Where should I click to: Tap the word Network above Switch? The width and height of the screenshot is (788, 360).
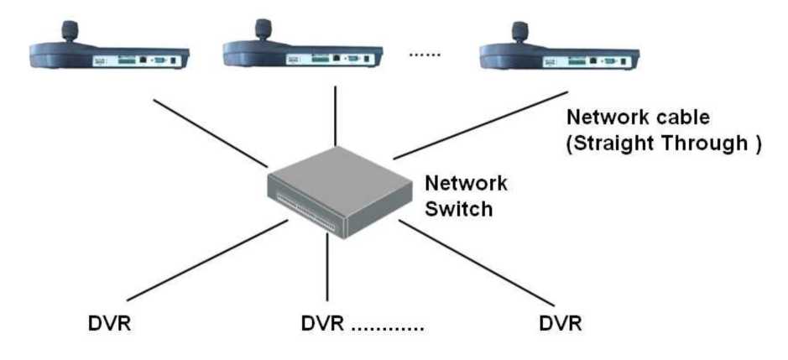[x=467, y=183]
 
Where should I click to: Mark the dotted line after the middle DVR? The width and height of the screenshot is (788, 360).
[x=387, y=326]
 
